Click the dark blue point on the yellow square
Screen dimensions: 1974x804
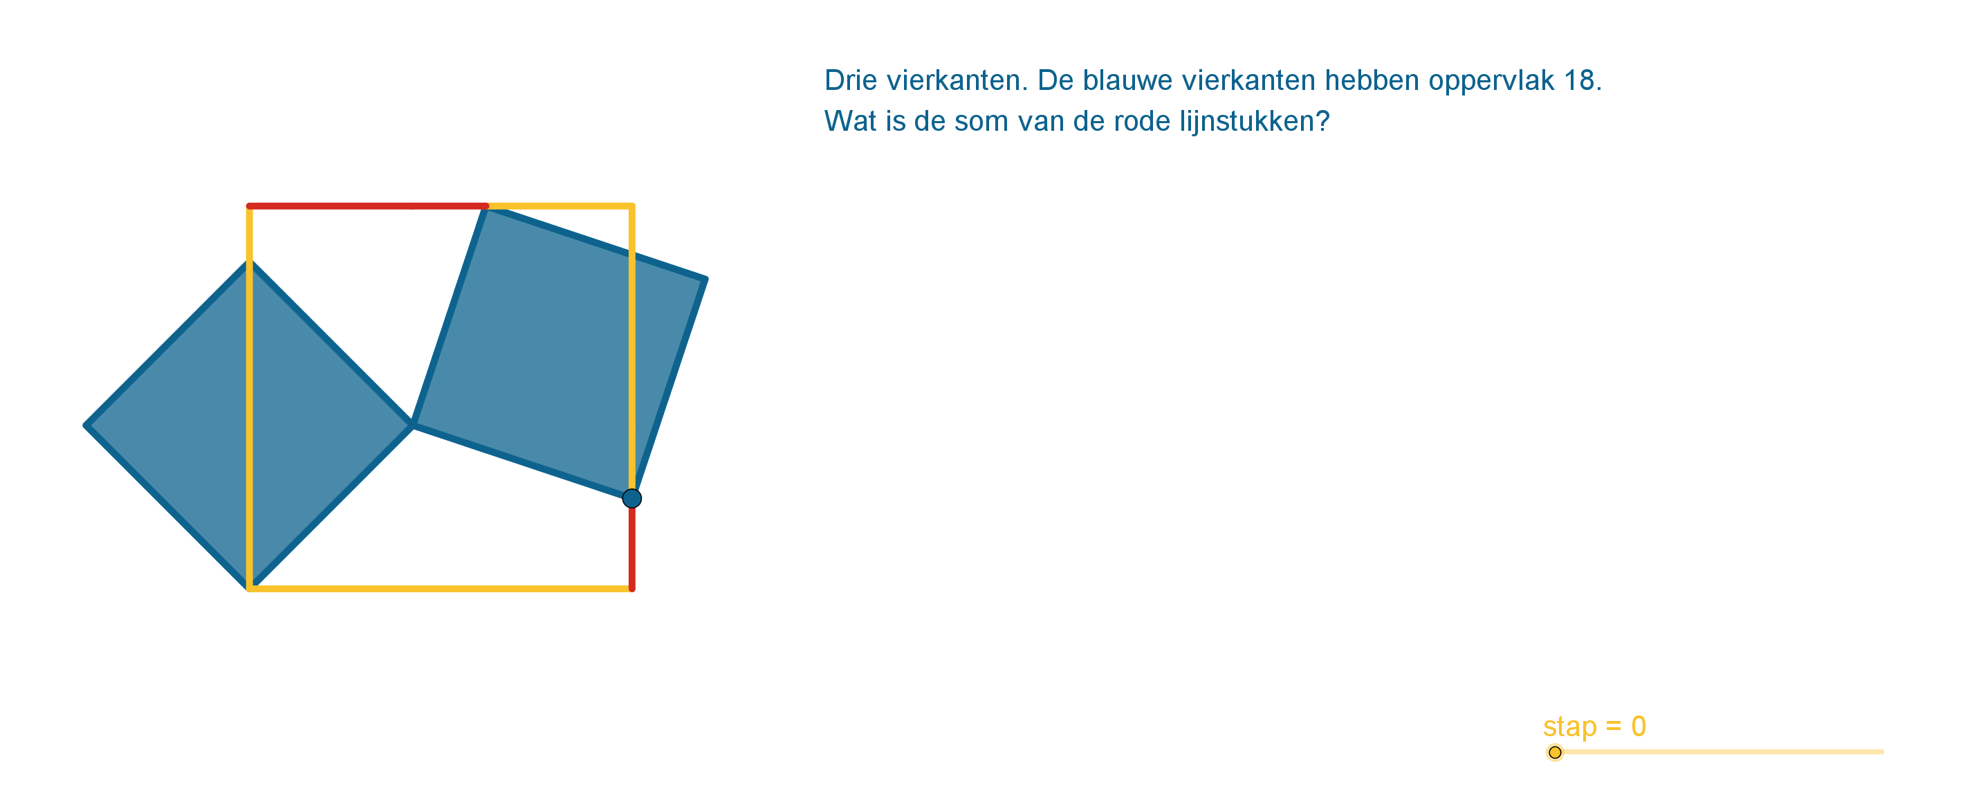pyautogui.click(x=631, y=499)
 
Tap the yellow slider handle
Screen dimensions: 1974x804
pyautogui.click(x=1555, y=753)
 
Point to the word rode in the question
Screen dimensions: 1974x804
pyautogui.click(x=1142, y=121)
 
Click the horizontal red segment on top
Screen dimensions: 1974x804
pyautogui.click(x=368, y=206)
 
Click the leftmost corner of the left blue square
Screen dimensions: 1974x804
pyautogui.click(x=86, y=426)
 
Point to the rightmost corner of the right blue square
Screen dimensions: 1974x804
pyautogui.click(x=705, y=279)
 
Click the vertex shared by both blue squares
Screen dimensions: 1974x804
pyautogui.click(x=412, y=425)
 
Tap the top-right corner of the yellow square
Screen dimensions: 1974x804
pyautogui.click(x=632, y=206)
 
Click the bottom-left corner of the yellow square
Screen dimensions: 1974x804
pyautogui.click(x=250, y=589)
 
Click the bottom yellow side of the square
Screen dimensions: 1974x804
pyautogui.click(x=441, y=589)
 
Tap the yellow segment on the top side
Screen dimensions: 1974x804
pyautogui.click(x=560, y=206)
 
